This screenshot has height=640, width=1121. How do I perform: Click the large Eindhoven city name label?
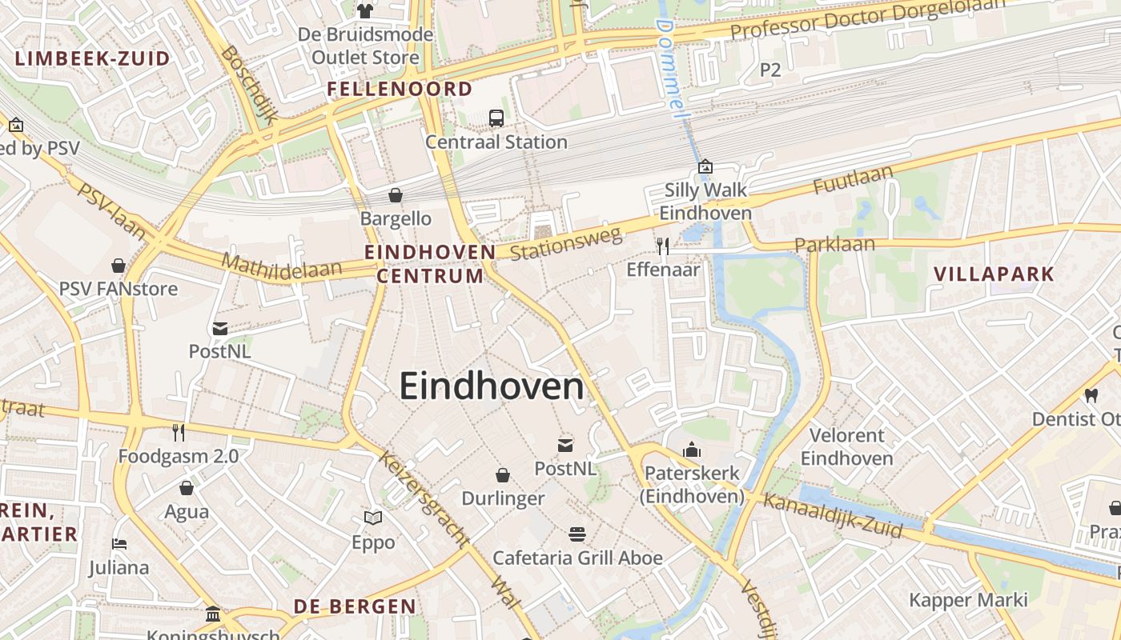492,387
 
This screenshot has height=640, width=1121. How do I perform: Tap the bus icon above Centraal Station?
496,118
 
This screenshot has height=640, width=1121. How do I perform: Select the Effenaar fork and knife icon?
662,246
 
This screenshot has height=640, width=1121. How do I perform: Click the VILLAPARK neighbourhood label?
994,274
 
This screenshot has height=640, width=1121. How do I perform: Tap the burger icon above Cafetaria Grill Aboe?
577,534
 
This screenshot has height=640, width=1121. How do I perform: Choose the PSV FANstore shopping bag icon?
119,266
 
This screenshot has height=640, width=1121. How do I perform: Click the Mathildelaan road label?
281,266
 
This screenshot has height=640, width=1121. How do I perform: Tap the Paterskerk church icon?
692,450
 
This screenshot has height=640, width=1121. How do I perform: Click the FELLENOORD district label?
400,89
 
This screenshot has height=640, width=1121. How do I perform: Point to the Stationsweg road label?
566,243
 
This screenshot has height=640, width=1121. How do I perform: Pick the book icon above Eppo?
373,518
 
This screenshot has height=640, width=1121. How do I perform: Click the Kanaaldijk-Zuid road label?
833,516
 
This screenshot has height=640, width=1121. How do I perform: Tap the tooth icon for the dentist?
1091,395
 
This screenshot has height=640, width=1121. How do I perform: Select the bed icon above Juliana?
119,544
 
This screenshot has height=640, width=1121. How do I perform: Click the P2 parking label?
769,70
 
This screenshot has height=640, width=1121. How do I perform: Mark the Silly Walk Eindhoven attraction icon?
705,166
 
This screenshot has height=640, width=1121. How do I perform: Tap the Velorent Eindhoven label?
847,447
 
